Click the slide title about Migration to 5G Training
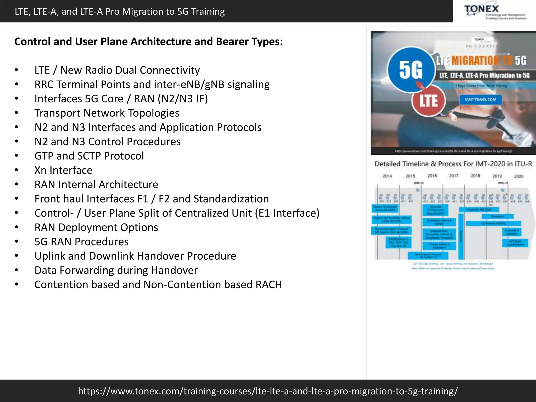click(120, 12)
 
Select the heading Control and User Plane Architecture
click(148, 42)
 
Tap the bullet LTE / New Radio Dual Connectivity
click(117, 70)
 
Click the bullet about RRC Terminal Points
click(152, 85)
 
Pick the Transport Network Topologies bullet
click(107, 113)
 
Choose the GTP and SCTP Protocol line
click(89, 156)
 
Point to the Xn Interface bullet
click(63, 170)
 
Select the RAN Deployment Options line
click(96, 227)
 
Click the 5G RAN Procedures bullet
click(81, 242)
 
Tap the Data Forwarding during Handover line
click(116, 270)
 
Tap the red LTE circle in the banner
click(428, 101)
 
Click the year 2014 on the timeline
click(387, 176)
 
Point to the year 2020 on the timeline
click(518, 176)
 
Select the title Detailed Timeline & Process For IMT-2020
click(453, 164)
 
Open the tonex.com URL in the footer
click(268, 391)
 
